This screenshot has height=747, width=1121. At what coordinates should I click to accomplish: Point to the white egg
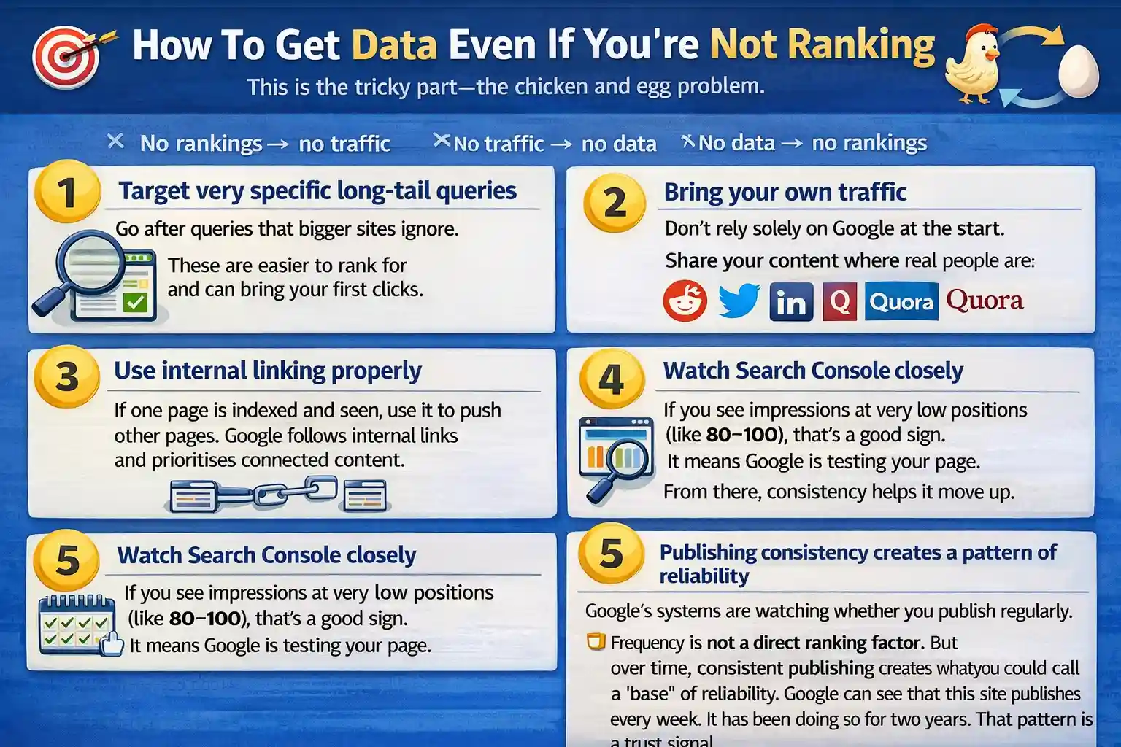(1078, 71)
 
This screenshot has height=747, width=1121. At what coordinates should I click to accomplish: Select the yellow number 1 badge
(67, 192)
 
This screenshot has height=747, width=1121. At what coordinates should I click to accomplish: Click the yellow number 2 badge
(615, 203)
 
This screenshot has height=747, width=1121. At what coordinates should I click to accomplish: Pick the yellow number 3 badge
(66, 376)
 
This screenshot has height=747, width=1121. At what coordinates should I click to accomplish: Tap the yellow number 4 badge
(612, 379)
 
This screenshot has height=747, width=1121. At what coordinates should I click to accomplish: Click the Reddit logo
(685, 301)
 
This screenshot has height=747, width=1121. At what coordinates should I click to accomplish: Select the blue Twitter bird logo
(739, 301)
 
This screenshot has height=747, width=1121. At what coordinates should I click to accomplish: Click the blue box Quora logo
(901, 301)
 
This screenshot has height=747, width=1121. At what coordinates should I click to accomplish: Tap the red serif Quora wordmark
(985, 300)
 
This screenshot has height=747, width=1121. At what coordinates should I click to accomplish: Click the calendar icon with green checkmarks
(77, 624)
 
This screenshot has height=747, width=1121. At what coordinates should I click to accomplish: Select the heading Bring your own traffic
(785, 192)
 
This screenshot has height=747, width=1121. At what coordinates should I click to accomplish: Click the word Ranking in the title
(861, 45)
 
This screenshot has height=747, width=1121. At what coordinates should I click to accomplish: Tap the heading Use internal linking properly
(267, 371)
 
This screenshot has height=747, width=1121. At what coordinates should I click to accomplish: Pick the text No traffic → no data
(555, 144)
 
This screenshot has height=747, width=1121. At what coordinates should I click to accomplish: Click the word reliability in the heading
(704, 576)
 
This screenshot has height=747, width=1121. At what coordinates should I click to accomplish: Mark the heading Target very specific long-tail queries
(317, 190)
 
